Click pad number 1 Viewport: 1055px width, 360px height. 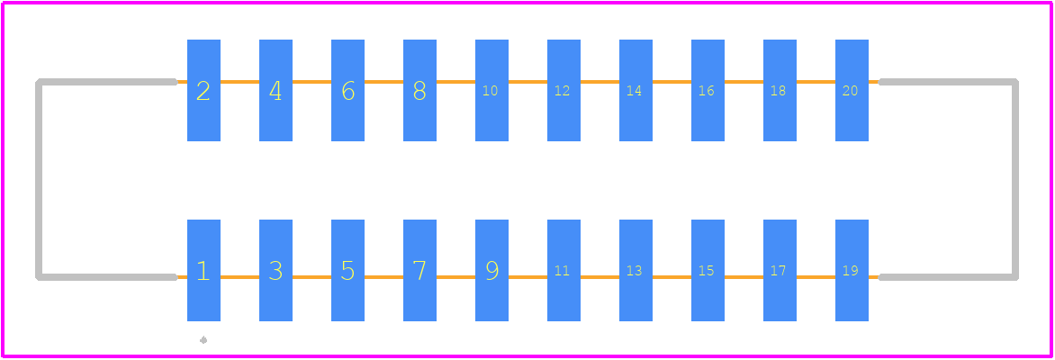coord(203,270)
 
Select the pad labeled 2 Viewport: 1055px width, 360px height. coord(203,90)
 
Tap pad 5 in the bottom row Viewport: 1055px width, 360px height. coord(347,270)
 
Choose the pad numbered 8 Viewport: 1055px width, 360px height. coord(419,90)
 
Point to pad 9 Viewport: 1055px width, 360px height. coord(491,270)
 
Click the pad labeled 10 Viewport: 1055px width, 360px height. coord(491,90)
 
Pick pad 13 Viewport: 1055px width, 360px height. coord(636,270)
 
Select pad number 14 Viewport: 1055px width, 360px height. coord(636,90)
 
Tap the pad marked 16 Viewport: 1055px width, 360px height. coord(708,90)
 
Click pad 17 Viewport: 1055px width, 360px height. coord(780,270)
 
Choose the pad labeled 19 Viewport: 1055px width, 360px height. coord(852,270)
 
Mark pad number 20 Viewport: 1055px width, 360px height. coord(852,90)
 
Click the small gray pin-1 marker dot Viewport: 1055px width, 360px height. coord(203,340)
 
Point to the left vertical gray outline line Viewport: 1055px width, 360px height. coord(39,180)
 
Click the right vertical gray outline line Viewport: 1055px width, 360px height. coord(1015,180)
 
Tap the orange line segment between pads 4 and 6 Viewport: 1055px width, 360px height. coord(311,82)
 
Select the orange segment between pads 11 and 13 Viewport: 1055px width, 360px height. coord(600,276)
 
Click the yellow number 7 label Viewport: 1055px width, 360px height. coord(419,271)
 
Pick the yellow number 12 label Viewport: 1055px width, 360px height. coord(562,91)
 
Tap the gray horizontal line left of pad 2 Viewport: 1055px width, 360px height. coord(106,82)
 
